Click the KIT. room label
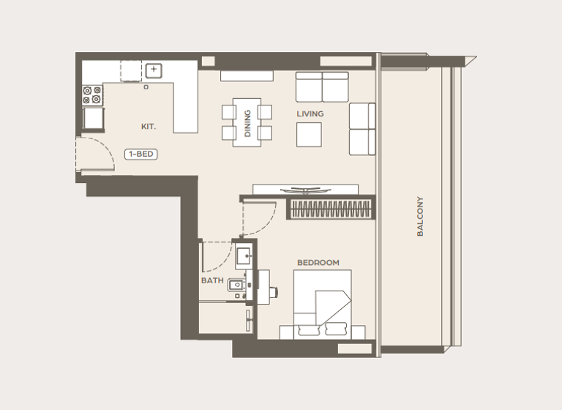pyautogui.click(x=149, y=127)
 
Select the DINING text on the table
pyautogui.click(x=247, y=123)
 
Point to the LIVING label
pyautogui.click(x=310, y=114)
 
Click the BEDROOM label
pyautogui.click(x=318, y=263)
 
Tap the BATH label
pyautogui.click(x=211, y=280)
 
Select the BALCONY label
pyautogui.click(x=420, y=215)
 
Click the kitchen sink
pyautogui.click(x=154, y=71)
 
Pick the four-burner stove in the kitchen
pyautogui.click(x=92, y=95)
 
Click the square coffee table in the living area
pyautogui.click(x=309, y=134)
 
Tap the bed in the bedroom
pyautogui.click(x=323, y=305)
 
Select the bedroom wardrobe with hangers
pyautogui.click(x=328, y=209)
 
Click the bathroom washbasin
pyautogui.click(x=244, y=256)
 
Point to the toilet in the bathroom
pyautogui.click(x=236, y=286)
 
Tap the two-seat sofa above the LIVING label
pyautogui.click(x=322, y=87)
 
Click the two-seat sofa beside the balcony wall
pyautogui.click(x=361, y=129)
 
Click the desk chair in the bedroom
pyautogui.click(x=274, y=291)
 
